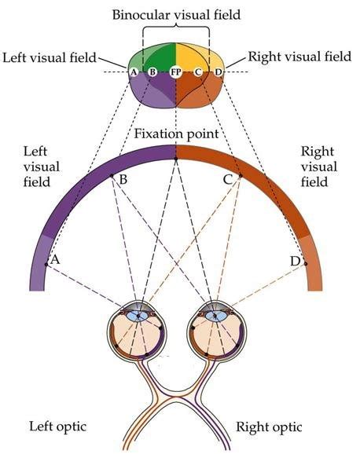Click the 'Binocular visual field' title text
click(175, 15)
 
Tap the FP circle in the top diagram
click(175, 72)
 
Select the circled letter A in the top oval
click(134, 72)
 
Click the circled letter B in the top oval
click(152, 72)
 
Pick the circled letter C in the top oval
click(199, 72)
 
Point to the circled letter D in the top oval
click(218, 72)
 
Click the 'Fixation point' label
click(175, 134)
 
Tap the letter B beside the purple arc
click(123, 181)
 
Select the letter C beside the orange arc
click(228, 181)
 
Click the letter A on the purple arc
click(55, 258)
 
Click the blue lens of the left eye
click(138, 316)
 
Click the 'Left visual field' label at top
click(49, 57)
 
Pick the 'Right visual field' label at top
click(299, 57)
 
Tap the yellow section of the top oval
click(190, 59)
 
